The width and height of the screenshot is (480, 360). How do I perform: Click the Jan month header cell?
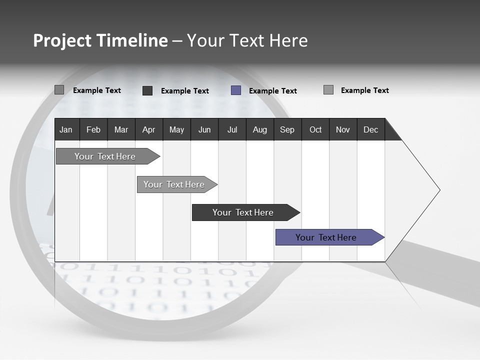[66, 129]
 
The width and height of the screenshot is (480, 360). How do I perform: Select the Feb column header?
[93, 129]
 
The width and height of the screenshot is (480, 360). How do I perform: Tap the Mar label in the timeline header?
[121, 129]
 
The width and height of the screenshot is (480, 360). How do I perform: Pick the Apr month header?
[148, 129]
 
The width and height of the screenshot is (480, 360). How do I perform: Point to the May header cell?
[176, 129]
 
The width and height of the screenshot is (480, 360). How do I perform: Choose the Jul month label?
[232, 129]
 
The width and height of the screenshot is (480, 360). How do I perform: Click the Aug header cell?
[259, 129]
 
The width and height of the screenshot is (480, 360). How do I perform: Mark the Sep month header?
[287, 129]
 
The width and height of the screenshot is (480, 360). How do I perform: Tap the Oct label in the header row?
[315, 129]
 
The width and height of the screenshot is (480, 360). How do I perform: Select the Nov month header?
[342, 129]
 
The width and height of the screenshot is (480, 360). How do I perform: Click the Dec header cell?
[370, 129]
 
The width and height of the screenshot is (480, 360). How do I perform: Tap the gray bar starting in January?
[105, 156]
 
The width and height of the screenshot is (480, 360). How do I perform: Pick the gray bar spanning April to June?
[174, 184]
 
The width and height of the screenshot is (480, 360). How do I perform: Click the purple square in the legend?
[236, 90]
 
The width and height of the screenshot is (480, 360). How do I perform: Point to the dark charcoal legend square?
[147, 90]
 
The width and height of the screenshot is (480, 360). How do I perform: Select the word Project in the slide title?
[62, 40]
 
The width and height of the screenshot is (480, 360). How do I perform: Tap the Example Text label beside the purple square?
[272, 91]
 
